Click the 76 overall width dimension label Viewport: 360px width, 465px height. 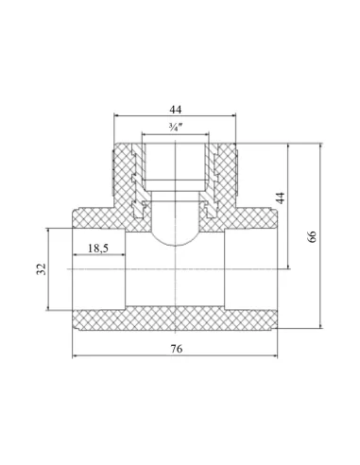(177, 349)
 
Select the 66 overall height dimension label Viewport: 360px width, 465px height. (311, 236)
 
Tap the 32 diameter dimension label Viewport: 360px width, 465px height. (42, 269)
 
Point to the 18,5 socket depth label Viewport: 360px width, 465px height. (98, 249)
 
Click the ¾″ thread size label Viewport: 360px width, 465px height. (176, 128)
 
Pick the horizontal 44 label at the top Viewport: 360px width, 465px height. (176, 110)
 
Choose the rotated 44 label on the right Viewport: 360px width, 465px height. (281, 198)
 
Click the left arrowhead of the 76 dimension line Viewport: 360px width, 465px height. (75, 356)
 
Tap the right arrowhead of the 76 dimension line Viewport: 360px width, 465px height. (275, 356)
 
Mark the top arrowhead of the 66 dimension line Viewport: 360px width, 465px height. (320, 146)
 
